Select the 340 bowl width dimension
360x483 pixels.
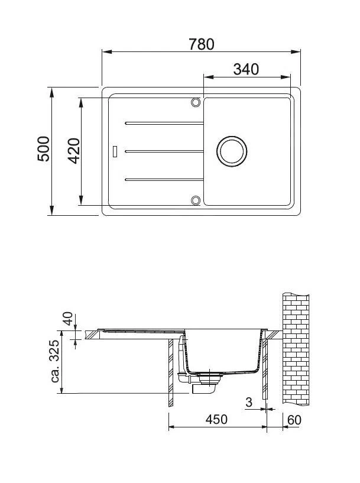tap(246, 69)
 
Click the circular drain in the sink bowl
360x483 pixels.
tap(231, 151)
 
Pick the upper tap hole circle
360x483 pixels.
tap(195, 103)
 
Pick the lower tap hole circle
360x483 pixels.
tap(195, 200)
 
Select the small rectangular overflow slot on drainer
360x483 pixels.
tap(115, 151)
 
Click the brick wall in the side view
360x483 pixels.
tap(296, 349)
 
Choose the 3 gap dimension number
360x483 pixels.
tap(249, 403)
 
